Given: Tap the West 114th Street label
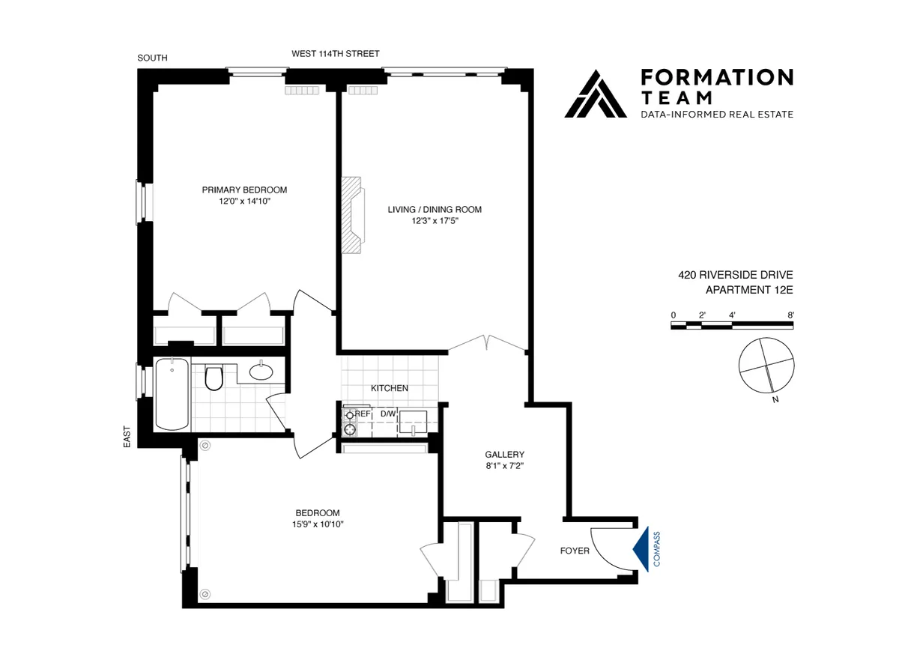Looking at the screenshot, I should pyautogui.click(x=336, y=54).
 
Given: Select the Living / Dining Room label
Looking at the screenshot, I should pyautogui.click(x=435, y=210).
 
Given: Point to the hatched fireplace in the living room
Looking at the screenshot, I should pyautogui.click(x=351, y=216).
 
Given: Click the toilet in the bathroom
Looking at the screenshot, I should pyautogui.click(x=214, y=378).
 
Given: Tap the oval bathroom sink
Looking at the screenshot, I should pyautogui.click(x=261, y=372).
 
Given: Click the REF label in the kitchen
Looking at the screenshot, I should pyautogui.click(x=363, y=414).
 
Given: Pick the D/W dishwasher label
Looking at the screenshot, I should pyautogui.click(x=387, y=414).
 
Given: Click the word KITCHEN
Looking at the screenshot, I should pyautogui.click(x=390, y=388).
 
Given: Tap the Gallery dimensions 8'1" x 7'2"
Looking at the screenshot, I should pyautogui.click(x=504, y=466).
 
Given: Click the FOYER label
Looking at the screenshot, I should pyautogui.click(x=575, y=551).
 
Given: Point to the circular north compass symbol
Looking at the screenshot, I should pyautogui.click(x=765, y=365).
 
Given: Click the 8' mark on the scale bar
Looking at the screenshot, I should pyautogui.click(x=791, y=315).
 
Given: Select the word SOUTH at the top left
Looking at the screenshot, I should pyautogui.click(x=153, y=58).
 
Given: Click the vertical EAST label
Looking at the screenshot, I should pyautogui.click(x=127, y=437).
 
